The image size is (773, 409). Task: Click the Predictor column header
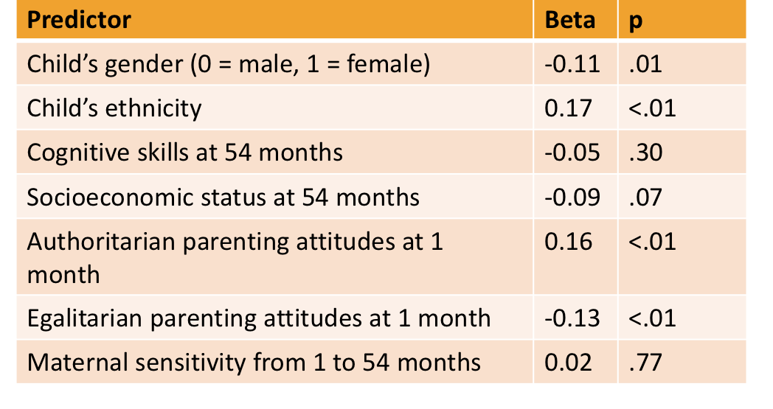79,20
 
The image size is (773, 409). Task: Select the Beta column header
569,20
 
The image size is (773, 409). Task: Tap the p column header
635,21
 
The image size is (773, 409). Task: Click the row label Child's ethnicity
114,109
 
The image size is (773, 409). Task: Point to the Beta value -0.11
569,64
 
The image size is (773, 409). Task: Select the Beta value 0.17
568,108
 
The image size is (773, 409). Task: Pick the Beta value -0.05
569,153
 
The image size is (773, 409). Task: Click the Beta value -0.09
569,197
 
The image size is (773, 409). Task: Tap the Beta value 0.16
568,242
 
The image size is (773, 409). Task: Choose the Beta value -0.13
569,318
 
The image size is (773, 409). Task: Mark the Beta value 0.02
568,363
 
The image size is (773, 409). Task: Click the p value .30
646,153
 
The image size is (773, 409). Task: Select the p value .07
646,197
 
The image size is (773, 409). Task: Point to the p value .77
646,363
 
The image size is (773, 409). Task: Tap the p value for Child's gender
646,64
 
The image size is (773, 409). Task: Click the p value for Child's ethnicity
652,108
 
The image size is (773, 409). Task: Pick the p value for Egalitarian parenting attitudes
652,318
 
